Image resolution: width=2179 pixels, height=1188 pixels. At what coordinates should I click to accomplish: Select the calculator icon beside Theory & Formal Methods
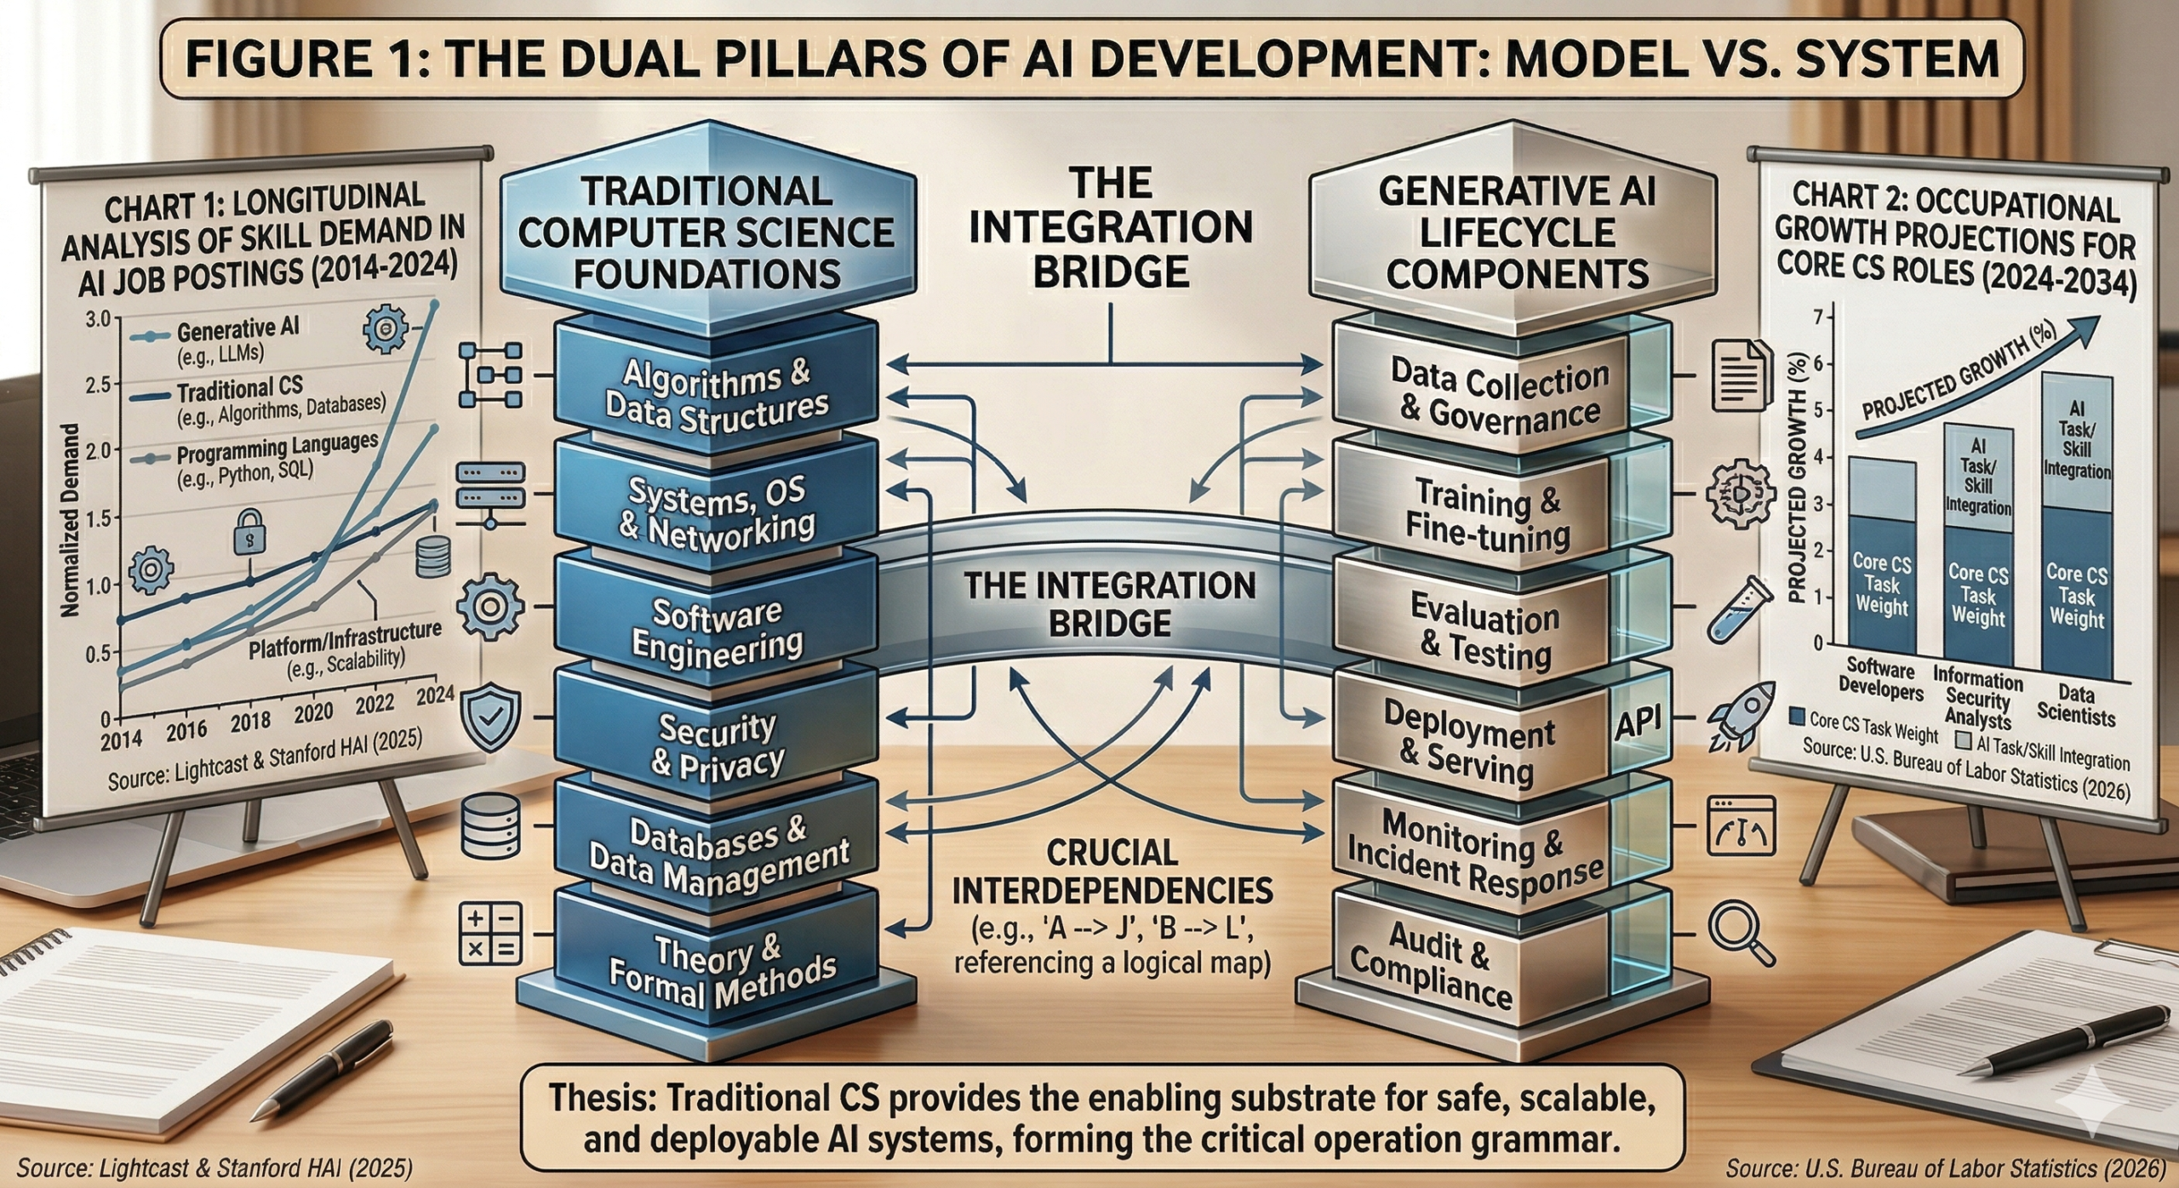pos(489,934)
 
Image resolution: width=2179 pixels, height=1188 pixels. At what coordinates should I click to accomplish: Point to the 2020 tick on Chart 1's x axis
pos(313,713)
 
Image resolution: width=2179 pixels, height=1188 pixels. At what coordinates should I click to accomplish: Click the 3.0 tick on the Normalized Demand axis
pos(100,319)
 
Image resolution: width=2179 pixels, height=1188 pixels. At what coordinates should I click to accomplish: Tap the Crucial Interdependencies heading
pos(1112,872)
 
